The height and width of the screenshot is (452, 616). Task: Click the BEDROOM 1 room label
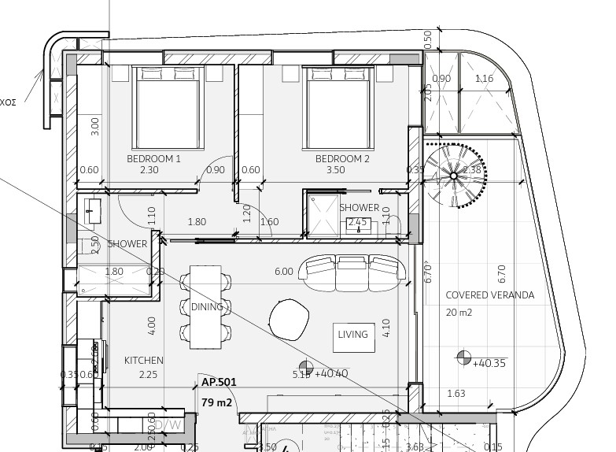pyautogui.click(x=154, y=158)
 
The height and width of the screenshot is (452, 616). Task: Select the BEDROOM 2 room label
pyautogui.click(x=342, y=158)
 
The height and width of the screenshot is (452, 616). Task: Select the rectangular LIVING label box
pyautogui.click(x=352, y=335)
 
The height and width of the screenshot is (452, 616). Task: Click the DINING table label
pyautogui.click(x=207, y=307)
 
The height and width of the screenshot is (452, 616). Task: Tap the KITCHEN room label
pyautogui.click(x=143, y=361)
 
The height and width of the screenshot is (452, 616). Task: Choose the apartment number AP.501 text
pyautogui.click(x=219, y=382)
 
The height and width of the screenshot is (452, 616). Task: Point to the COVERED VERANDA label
pyautogui.click(x=489, y=295)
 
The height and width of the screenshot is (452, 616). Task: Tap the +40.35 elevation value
pyautogui.click(x=490, y=363)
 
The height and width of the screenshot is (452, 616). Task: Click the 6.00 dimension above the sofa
pyautogui.click(x=283, y=272)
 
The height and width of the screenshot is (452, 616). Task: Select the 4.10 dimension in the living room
pyautogui.click(x=385, y=328)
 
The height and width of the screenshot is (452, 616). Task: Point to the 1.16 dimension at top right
pyautogui.click(x=485, y=79)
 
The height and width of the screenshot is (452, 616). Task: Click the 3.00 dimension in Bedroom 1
pyautogui.click(x=95, y=126)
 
